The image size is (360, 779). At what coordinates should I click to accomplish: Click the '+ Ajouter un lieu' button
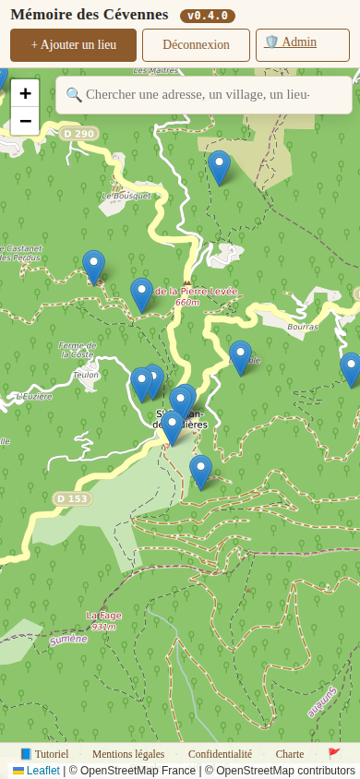coord(73,44)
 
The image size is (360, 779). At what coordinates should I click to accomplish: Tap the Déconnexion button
coord(196,44)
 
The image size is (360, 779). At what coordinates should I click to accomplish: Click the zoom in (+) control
coord(25,93)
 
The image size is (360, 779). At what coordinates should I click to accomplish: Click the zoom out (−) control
coord(25,121)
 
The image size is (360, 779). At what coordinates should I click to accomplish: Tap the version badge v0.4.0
coord(208,16)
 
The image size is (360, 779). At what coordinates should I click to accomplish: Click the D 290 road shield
coord(79,134)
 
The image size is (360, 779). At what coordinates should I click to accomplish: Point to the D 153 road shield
coord(72,498)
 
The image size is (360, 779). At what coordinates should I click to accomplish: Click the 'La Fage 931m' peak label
coord(103,620)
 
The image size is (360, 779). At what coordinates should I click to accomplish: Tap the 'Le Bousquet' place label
coord(126,196)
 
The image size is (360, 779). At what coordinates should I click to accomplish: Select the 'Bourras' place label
coord(302,327)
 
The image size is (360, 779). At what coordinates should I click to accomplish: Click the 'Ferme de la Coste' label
coord(77,350)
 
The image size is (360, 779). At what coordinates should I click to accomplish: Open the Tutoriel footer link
coord(44,754)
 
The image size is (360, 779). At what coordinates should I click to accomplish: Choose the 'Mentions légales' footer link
coord(128,754)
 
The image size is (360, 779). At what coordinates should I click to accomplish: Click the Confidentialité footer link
coord(220,754)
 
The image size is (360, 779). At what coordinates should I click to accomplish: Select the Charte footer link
coord(290,754)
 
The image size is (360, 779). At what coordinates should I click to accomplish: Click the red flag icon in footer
coord(334,754)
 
